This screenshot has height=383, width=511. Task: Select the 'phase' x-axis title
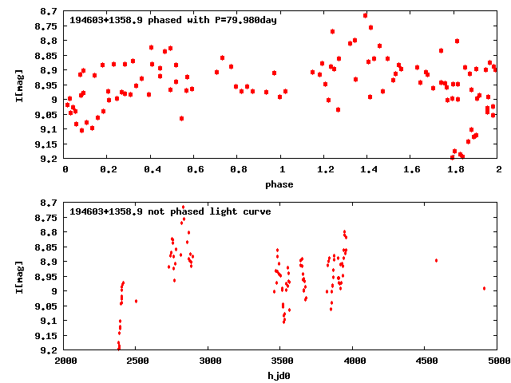(x=279, y=184)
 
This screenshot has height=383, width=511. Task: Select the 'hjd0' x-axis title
(x=279, y=376)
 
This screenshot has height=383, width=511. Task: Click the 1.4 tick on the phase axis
(x=367, y=169)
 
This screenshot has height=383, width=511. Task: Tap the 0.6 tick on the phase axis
(x=194, y=169)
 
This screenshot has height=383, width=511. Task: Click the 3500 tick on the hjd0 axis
(x=280, y=361)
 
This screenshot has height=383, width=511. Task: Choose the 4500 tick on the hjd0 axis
(x=426, y=361)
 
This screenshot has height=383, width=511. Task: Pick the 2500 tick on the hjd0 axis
(x=136, y=361)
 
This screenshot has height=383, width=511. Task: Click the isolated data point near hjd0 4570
(x=436, y=260)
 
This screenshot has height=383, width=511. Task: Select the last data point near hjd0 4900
(x=484, y=288)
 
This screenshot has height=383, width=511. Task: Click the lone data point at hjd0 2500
(x=136, y=301)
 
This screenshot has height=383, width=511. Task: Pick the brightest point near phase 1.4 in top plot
(x=365, y=15)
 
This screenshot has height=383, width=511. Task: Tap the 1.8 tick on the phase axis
(x=454, y=169)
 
